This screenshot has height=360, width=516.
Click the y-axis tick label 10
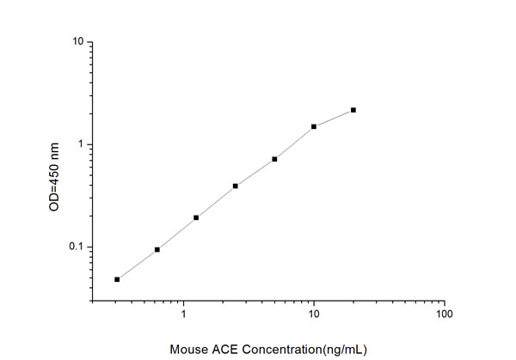pyautogui.click(x=77, y=41)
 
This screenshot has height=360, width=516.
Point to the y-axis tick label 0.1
pyautogui.click(x=75, y=247)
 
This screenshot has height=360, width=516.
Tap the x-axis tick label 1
pyautogui.click(x=184, y=315)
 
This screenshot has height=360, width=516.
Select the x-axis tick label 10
pyautogui.click(x=314, y=315)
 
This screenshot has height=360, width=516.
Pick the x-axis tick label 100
pyautogui.click(x=444, y=315)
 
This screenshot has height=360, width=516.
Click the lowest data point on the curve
pyautogui.click(x=117, y=279)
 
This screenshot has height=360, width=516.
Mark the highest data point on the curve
pyautogui.click(x=353, y=110)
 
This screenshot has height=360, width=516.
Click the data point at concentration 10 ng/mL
pyautogui.click(x=314, y=126)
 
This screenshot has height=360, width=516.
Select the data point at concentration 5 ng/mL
pyautogui.click(x=274, y=159)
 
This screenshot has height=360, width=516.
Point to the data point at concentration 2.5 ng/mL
pyautogui.click(x=236, y=186)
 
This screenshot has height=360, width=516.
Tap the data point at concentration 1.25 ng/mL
pyautogui.click(x=196, y=217)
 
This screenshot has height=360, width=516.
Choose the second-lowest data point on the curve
pyautogui.click(x=157, y=249)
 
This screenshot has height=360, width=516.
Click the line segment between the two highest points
pyautogui.click(x=334, y=118)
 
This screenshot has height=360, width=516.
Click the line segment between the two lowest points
pyautogui.click(x=138, y=264)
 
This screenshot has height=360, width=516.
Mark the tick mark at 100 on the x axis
pyautogui.click(x=444, y=302)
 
